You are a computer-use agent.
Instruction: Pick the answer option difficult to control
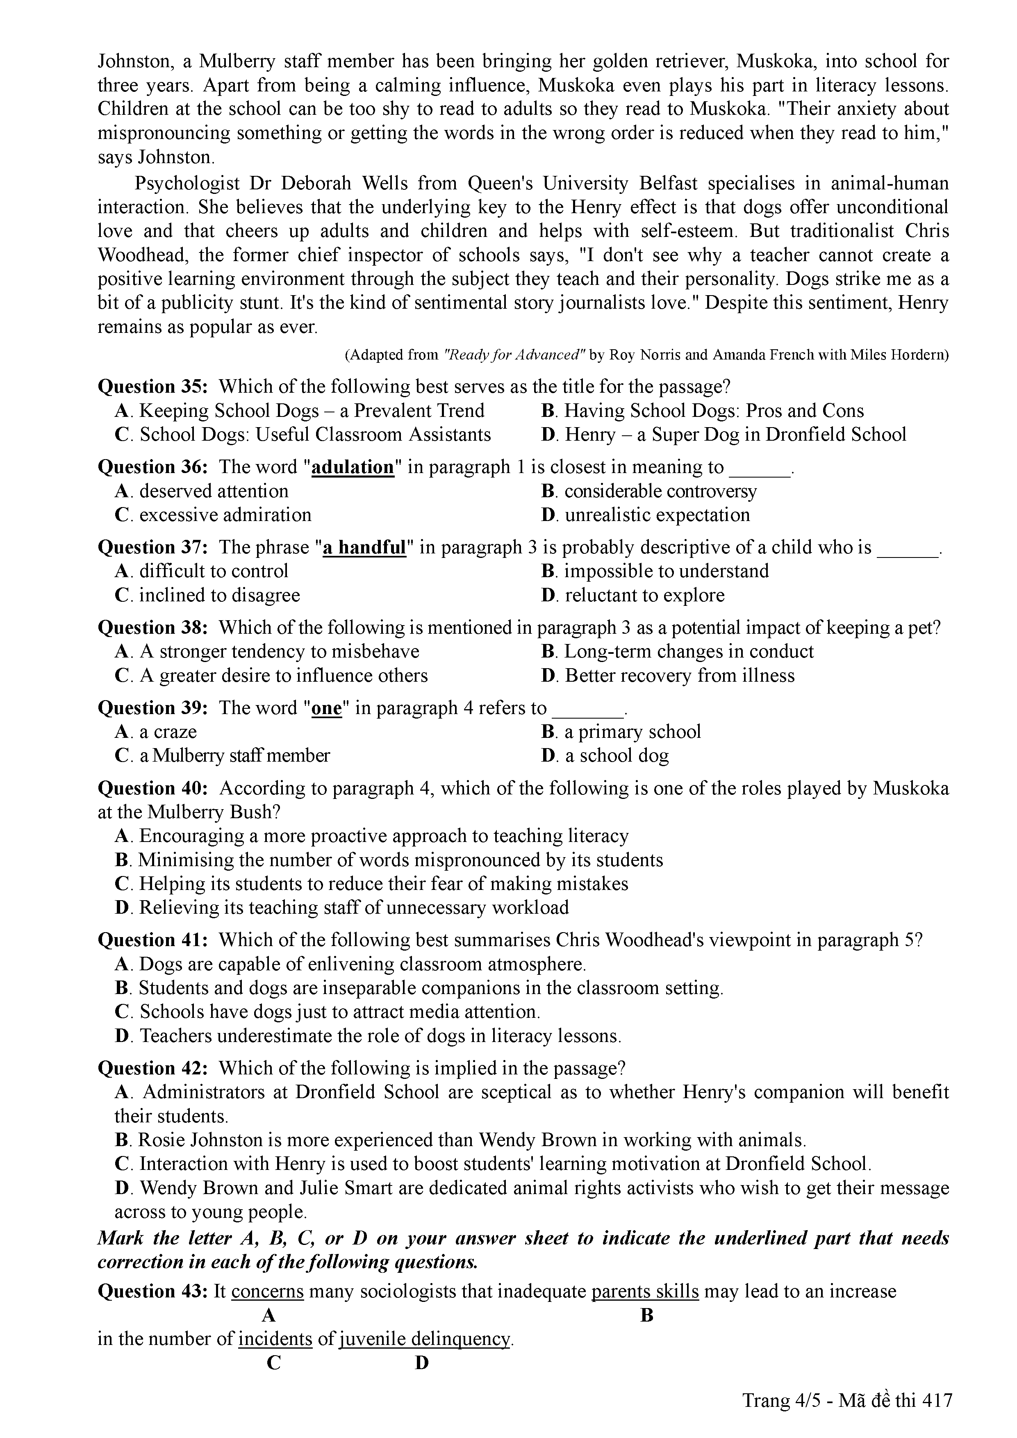pyautogui.click(x=214, y=571)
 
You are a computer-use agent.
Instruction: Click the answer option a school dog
pyautogui.click(x=617, y=755)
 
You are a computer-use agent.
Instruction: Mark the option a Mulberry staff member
pyautogui.click(x=234, y=755)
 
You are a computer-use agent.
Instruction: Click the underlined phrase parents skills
pyautogui.click(x=645, y=1291)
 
